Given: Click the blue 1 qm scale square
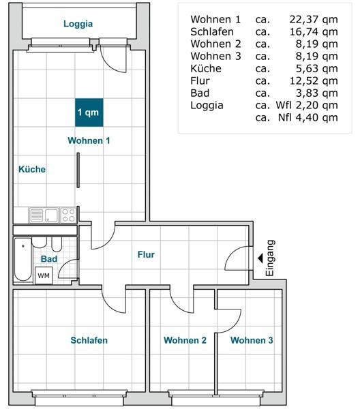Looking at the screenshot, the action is point(89,112).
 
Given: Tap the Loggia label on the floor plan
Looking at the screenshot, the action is point(78,24).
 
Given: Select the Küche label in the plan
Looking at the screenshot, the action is point(32,169).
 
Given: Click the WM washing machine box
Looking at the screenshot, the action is point(44,275).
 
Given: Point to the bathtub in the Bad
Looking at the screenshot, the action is point(23,259).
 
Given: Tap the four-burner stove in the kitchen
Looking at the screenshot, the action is point(68,215).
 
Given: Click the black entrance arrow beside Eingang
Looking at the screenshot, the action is point(260,258).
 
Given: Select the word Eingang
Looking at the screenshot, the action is point(270,258).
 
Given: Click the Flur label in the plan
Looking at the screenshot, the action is point(146,254).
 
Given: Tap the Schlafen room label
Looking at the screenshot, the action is point(89,340).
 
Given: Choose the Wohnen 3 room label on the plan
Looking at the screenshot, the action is point(252,340).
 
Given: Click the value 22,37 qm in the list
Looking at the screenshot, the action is point(314,19).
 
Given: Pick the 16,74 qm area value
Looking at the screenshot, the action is point(314,31).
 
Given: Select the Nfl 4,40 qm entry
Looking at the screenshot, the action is point(307,117).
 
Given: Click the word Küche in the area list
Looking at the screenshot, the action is point(206,68).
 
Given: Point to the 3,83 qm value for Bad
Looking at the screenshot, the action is point(317,93).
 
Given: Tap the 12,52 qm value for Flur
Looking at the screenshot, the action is point(314,80).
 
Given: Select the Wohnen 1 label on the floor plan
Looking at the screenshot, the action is point(89,140).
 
